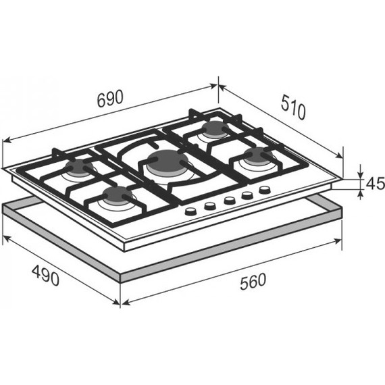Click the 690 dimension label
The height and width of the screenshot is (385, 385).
(109, 99)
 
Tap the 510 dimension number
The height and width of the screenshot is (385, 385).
(293, 107)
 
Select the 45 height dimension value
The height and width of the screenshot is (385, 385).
(375, 183)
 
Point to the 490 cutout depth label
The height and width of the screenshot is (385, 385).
(46, 275)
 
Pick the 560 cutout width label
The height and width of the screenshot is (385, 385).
(253, 282)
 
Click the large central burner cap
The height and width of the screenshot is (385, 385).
(168, 160)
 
